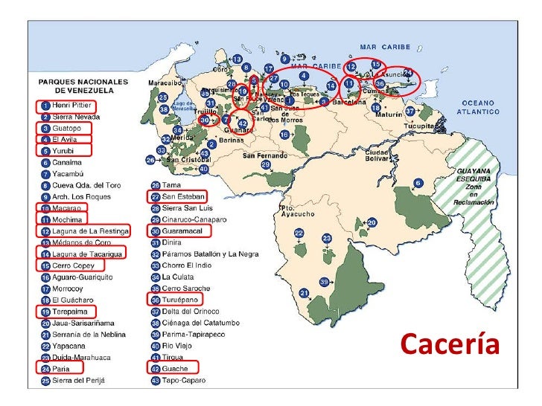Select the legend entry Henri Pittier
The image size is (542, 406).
click(x=70, y=106)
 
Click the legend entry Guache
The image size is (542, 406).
click(x=176, y=367)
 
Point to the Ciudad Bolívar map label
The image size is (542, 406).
click(x=363, y=155)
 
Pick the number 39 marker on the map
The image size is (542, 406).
click(x=323, y=282)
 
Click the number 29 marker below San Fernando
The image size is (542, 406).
click(x=266, y=164)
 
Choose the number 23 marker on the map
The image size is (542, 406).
click(x=327, y=238)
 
